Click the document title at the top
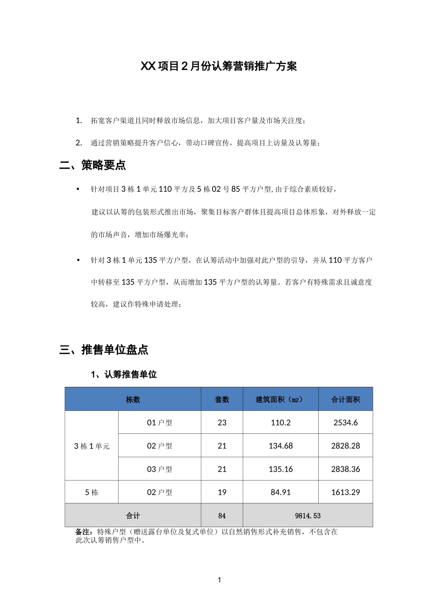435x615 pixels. (218, 66)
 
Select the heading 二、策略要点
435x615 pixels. (93, 165)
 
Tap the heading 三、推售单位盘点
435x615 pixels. (104, 350)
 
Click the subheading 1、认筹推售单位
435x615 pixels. (124, 374)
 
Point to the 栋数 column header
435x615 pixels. (133, 399)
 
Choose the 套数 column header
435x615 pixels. (222, 399)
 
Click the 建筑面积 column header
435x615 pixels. (280, 399)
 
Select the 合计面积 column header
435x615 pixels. (346, 399)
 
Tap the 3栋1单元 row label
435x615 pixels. (92, 446)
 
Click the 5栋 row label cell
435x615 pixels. (92, 492)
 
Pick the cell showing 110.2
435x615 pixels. (280, 423)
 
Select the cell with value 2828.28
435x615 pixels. (346, 446)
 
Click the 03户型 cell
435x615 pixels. (159, 469)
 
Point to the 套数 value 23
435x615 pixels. (222, 423)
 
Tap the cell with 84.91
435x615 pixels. (280, 492)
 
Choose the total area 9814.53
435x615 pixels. (308, 516)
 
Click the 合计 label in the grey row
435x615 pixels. (133, 516)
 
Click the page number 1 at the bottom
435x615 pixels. (219, 580)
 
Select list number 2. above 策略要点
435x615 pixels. (79, 143)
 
